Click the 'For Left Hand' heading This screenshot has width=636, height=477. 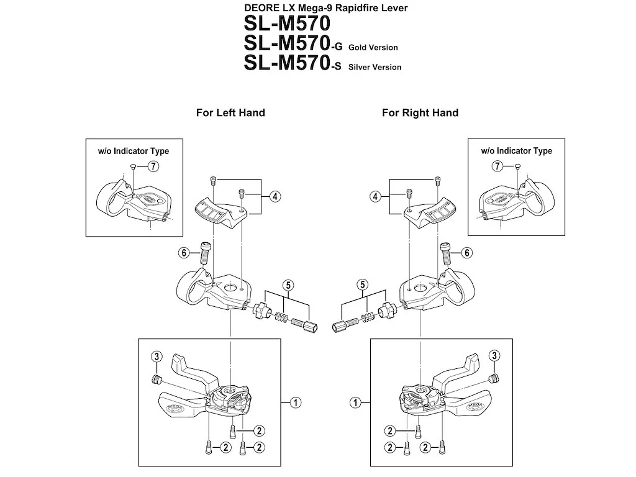pyautogui.click(x=230, y=113)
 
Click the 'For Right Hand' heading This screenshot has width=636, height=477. pyautogui.click(x=420, y=113)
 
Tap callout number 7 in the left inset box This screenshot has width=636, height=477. pyautogui.click(x=153, y=166)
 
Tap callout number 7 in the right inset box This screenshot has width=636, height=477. pyautogui.click(x=497, y=166)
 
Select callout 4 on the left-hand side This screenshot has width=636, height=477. pyautogui.click(x=275, y=197)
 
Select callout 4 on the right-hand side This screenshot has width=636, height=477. pyautogui.click(x=375, y=197)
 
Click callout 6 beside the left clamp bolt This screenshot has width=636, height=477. pyautogui.click(x=184, y=253)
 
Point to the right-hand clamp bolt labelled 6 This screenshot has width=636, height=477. pyautogui.click(x=446, y=252)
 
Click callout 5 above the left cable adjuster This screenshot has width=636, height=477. pyautogui.click(x=288, y=285)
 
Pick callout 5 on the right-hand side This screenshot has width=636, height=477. pyautogui.click(x=363, y=284)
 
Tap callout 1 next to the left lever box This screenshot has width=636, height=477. pyautogui.click(x=295, y=402)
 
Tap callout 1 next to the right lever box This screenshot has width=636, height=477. pyautogui.click(x=355, y=402)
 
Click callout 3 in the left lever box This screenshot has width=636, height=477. pyautogui.click(x=157, y=357)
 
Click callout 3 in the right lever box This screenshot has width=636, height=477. pyautogui.click(x=494, y=356)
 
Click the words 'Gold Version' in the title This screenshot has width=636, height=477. pyautogui.click(x=373, y=47)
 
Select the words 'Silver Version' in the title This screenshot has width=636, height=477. pyautogui.click(x=375, y=67)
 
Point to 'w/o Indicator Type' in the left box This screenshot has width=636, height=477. pyautogui.click(x=134, y=152)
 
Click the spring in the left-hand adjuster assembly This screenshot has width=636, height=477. pyautogui.click(x=281, y=317)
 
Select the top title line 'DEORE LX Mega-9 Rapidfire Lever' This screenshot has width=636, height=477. pyautogui.click(x=325, y=7)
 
